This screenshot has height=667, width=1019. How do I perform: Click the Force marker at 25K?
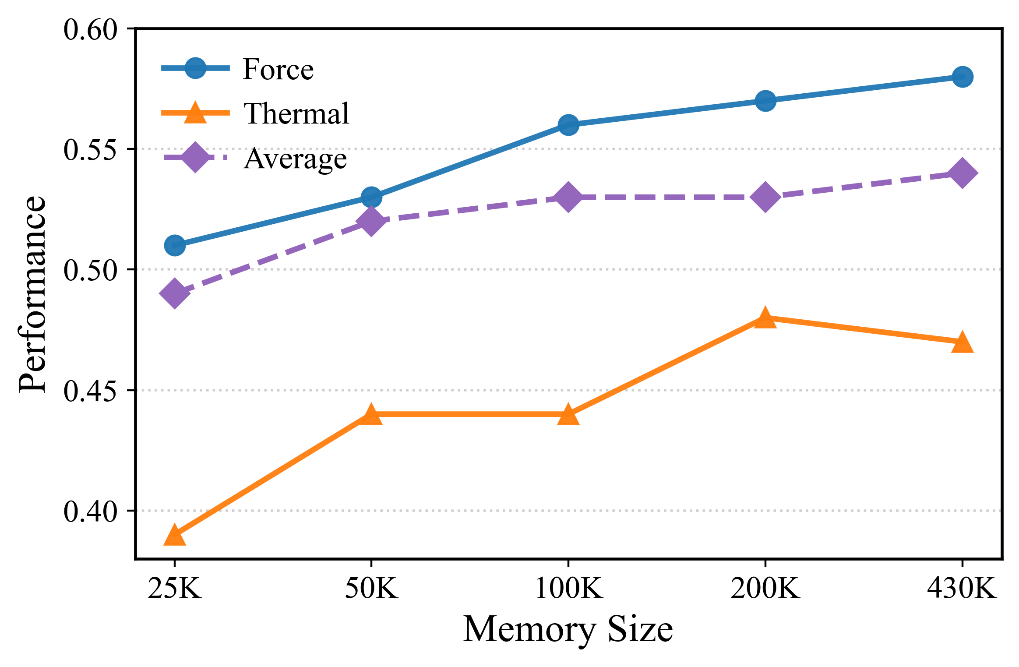175,245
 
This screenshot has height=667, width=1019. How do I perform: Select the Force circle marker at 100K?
568,125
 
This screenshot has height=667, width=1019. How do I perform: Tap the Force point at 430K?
962,77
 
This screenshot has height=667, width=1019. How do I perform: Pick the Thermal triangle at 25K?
175,535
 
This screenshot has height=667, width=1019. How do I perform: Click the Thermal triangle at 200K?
765,318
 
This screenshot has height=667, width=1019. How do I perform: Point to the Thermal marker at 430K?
962,342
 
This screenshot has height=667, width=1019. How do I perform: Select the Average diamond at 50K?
371,221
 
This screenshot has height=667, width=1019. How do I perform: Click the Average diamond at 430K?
962,173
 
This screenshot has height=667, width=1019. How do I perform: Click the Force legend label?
279,69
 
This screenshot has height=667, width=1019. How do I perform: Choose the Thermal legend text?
296,113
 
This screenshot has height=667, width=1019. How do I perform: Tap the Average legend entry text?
296,159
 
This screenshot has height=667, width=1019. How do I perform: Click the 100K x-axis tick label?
568,589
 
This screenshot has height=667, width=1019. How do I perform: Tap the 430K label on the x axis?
962,589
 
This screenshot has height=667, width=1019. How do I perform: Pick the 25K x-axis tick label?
175,589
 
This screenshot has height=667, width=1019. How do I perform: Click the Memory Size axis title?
568,629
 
